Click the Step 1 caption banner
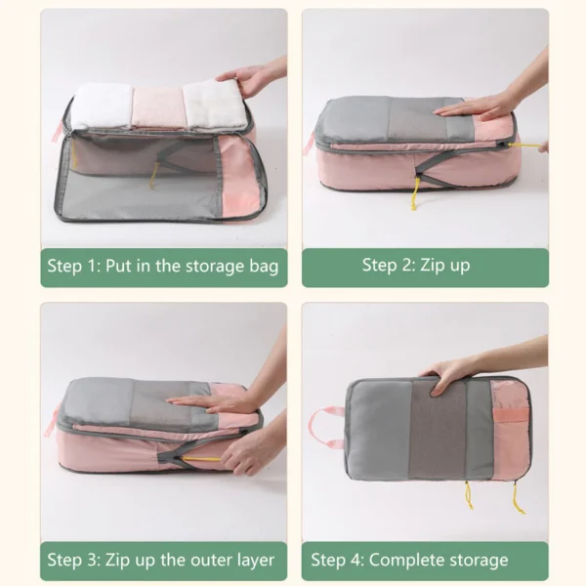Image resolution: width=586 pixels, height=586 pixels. (163, 266)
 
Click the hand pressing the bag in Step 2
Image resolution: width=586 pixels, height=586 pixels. (483, 104)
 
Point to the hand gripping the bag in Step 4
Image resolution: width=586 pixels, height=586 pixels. (451, 371)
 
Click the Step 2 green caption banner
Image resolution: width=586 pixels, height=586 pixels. (424, 266)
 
